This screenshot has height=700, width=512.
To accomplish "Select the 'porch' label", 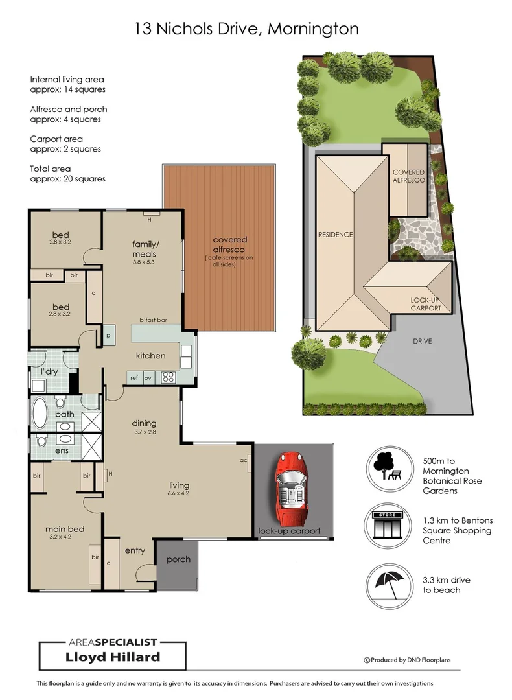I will coord(178,559).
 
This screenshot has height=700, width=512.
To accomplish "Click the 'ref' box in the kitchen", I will coord(134,377).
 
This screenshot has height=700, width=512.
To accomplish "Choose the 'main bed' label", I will coord(65,529).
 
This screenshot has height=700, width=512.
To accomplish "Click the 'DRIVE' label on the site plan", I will coord(421,342).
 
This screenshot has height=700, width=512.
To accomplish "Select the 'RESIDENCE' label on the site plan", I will coord(334,235).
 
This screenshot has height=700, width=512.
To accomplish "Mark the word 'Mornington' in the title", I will coord(313,29).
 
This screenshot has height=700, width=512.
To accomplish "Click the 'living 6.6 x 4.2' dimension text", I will coord(179,489).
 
